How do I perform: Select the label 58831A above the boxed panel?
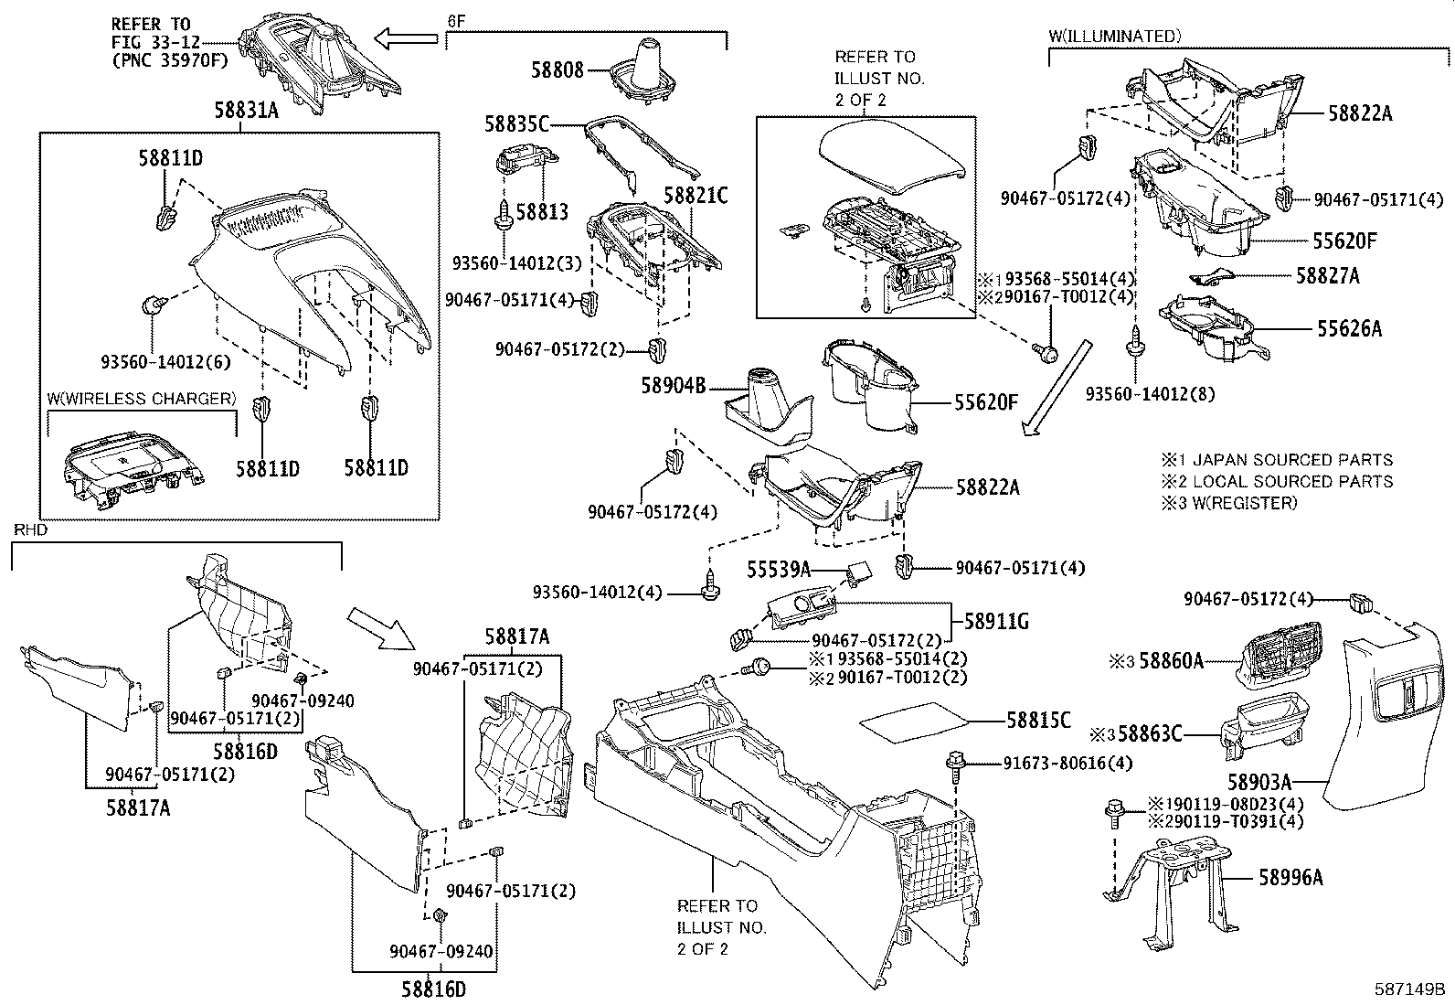[246, 111]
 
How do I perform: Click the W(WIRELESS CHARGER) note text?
[142, 399]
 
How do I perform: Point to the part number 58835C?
[517, 123]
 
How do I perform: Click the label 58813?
[542, 213]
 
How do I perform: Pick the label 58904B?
[674, 387]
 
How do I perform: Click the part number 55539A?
[779, 570]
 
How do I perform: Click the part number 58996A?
[1290, 878]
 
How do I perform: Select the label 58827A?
[1327, 275]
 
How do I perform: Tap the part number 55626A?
[1349, 328]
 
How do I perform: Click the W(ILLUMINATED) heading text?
[1115, 37]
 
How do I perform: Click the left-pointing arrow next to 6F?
[408, 38]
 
